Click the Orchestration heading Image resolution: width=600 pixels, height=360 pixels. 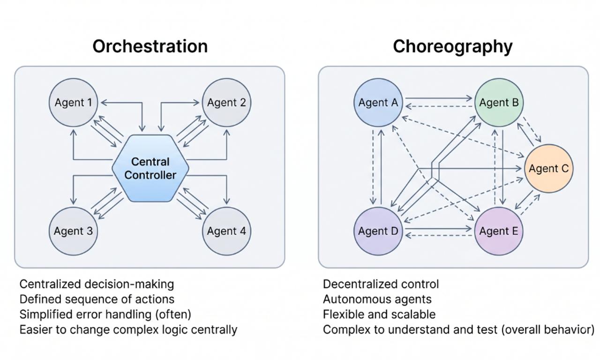pos(150,46)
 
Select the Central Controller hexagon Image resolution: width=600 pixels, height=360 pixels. pos(150,168)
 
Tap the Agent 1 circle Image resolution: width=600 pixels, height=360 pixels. pos(73,103)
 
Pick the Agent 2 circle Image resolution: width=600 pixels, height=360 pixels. pos(226,103)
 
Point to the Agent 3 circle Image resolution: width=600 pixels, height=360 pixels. pos(73,231)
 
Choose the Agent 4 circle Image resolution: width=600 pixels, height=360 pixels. pos(226,231)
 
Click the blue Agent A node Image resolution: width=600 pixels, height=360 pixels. pos(378,103)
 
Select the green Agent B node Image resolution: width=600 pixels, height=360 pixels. pos(499,103)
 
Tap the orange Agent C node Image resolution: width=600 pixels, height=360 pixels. pos(549,168)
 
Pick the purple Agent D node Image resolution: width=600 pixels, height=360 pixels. pos(378,231)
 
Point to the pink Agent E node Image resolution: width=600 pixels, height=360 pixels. pos(499,231)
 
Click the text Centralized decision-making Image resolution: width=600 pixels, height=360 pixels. pos(97,284)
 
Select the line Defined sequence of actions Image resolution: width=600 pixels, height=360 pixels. pos(97,299)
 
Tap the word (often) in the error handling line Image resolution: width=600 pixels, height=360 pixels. pos(173,315)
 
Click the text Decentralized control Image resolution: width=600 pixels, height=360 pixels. pos(381,284)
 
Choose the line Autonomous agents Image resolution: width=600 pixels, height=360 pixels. pos(377,300)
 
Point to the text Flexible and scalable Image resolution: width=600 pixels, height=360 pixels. pos(379,315)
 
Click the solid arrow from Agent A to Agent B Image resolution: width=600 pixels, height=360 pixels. pos(438,98)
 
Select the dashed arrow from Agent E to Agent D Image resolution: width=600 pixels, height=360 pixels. pos(438,236)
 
